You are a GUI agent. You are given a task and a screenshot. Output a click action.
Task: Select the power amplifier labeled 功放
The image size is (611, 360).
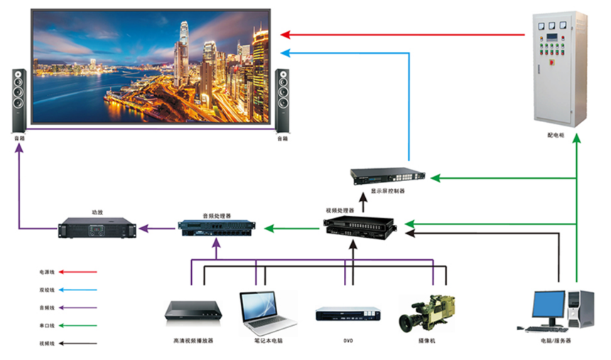point(97,228)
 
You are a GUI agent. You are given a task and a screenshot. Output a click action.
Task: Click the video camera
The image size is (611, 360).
point(427,313)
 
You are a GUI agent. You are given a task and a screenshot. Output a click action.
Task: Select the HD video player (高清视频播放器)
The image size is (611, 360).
point(193,312)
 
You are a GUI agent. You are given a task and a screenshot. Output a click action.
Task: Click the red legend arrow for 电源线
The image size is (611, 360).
point(78,271)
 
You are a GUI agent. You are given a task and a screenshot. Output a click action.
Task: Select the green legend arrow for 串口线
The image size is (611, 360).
point(78,326)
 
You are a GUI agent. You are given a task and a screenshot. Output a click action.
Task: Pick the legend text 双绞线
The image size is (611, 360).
point(46,290)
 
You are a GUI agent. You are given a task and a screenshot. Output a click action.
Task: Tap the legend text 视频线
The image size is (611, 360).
point(46,344)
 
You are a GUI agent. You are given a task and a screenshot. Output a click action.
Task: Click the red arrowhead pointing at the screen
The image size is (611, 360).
point(284,34)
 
